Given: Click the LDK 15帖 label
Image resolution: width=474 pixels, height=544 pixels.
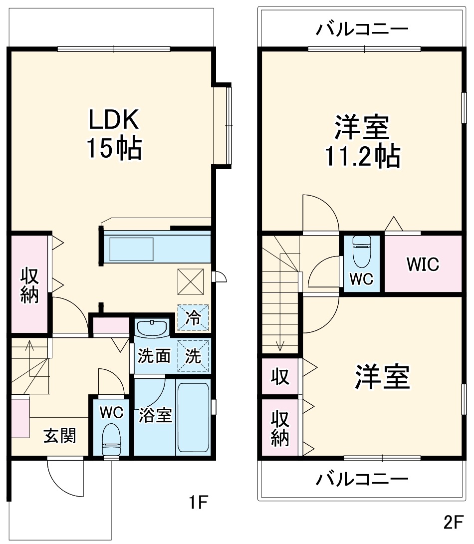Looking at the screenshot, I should tap(114, 134).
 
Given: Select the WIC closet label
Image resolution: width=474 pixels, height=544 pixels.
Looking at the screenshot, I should tap(422, 264).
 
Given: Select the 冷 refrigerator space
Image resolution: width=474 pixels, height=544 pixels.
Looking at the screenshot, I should tap(193, 318).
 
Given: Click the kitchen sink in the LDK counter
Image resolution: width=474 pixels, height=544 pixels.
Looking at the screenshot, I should tap(131, 249).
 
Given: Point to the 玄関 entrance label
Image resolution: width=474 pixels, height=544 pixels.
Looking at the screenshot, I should tap(60, 436).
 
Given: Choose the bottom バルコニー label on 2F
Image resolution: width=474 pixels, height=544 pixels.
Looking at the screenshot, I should tap(362, 480).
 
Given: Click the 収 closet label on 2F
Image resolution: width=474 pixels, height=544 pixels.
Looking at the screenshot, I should tap(280, 377).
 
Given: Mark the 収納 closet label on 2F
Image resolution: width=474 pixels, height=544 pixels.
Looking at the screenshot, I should tap(280, 428).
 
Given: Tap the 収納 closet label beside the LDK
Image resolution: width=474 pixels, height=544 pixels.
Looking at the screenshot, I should tap(29, 285).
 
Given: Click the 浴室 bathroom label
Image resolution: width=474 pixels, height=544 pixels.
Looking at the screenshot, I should tap(155, 415).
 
